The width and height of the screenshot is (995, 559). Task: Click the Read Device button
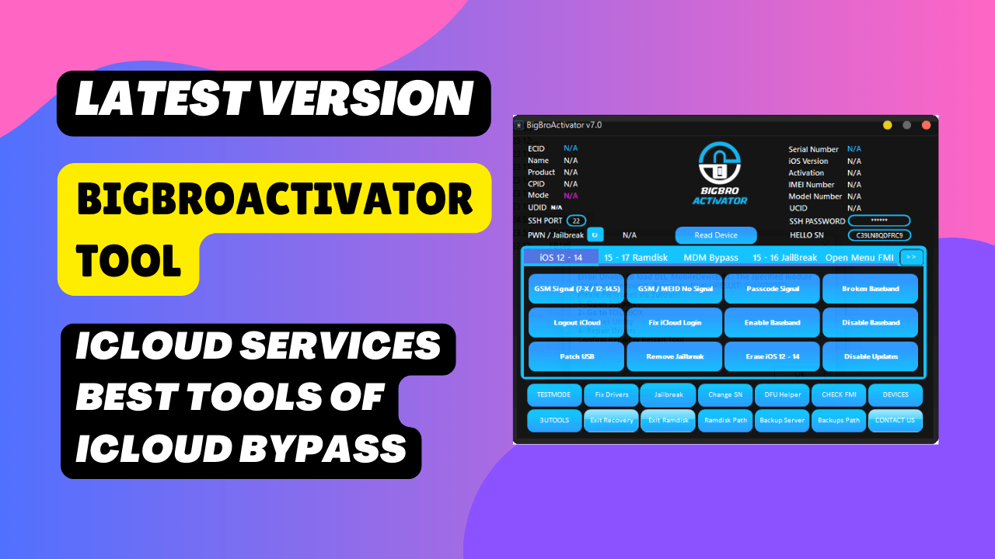click(x=716, y=235)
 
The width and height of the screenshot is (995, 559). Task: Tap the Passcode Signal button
click(x=772, y=289)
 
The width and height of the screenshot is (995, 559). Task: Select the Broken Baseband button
click(x=870, y=289)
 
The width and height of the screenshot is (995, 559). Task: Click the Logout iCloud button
click(x=576, y=322)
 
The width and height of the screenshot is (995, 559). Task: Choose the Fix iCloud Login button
click(x=674, y=322)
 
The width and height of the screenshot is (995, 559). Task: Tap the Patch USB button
click(x=576, y=356)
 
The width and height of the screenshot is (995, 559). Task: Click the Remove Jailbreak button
click(x=674, y=356)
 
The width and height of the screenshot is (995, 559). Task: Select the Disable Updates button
click(x=870, y=356)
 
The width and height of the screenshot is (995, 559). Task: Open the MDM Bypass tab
click(x=710, y=258)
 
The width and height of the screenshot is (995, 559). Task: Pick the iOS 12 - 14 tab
click(x=560, y=258)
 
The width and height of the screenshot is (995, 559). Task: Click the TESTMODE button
click(x=554, y=394)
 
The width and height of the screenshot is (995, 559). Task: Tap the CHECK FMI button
click(x=839, y=394)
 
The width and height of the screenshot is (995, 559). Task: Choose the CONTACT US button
click(x=895, y=420)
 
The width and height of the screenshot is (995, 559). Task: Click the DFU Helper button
click(x=782, y=394)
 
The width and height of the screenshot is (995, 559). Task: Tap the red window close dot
click(x=926, y=125)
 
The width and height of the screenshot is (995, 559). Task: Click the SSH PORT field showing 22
click(x=576, y=221)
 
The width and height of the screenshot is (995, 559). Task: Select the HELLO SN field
click(x=879, y=235)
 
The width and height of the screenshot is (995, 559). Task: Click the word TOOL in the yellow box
click(x=129, y=259)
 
